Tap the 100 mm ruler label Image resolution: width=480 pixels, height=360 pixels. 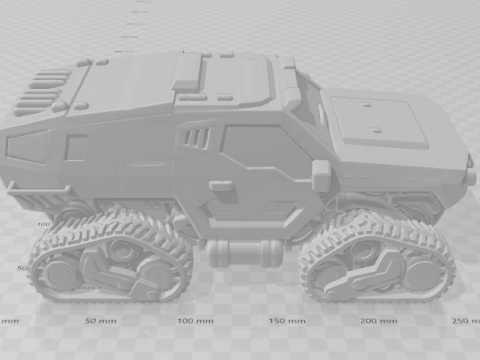[193, 321]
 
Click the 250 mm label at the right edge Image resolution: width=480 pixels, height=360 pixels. [465, 321]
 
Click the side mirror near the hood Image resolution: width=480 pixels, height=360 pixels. [321, 175]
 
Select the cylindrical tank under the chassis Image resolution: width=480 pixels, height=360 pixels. [242, 251]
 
